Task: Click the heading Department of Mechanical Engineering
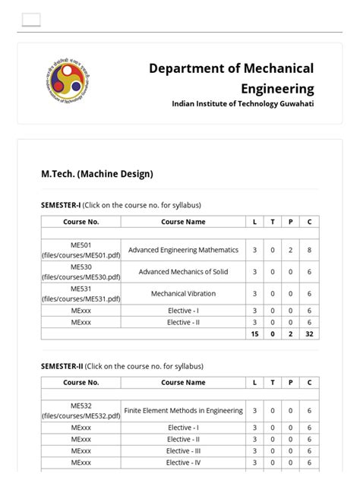click(x=231, y=78)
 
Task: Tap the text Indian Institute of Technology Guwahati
click(x=242, y=103)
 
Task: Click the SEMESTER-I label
click(x=61, y=205)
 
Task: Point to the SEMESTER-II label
click(x=62, y=366)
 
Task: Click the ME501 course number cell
click(x=81, y=250)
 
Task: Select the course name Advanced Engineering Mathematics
click(x=183, y=250)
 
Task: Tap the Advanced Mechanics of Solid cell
click(x=183, y=272)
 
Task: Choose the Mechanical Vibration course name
click(x=183, y=293)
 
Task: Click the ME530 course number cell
click(x=81, y=272)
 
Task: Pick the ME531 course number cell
click(x=81, y=293)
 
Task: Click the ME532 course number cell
click(x=81, y=411)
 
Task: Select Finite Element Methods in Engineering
click(x=183, y=411)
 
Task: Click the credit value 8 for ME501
click(x=309, y=250)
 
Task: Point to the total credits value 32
click(x=309, y=333)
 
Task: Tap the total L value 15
click(x=254, y=333)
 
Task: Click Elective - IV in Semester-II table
click(x=183, y=462)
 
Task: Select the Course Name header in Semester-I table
click(x=183, y=222)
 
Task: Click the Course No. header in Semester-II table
click(x=81, y=383)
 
